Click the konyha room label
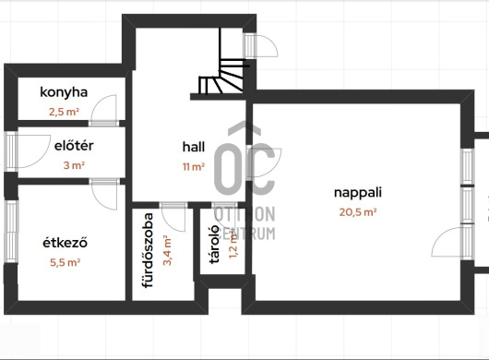(64, 92)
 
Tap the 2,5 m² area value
(64, 112)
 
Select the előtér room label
(74, 146)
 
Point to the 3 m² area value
(74, 165)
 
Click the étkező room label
(65, 243)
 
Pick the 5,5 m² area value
(66, 262)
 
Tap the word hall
(194, 147)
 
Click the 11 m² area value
(194, 167)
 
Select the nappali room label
(358, 193)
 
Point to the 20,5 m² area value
(358, 212)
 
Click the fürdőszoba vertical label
(148, 250)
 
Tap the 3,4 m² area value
(167, 250)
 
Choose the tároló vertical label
(214, 245)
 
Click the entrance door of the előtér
(28, 151)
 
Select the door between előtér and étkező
(105, 194)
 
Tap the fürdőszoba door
(173, 217)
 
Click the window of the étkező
(11, 231)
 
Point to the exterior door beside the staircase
(260, 46)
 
